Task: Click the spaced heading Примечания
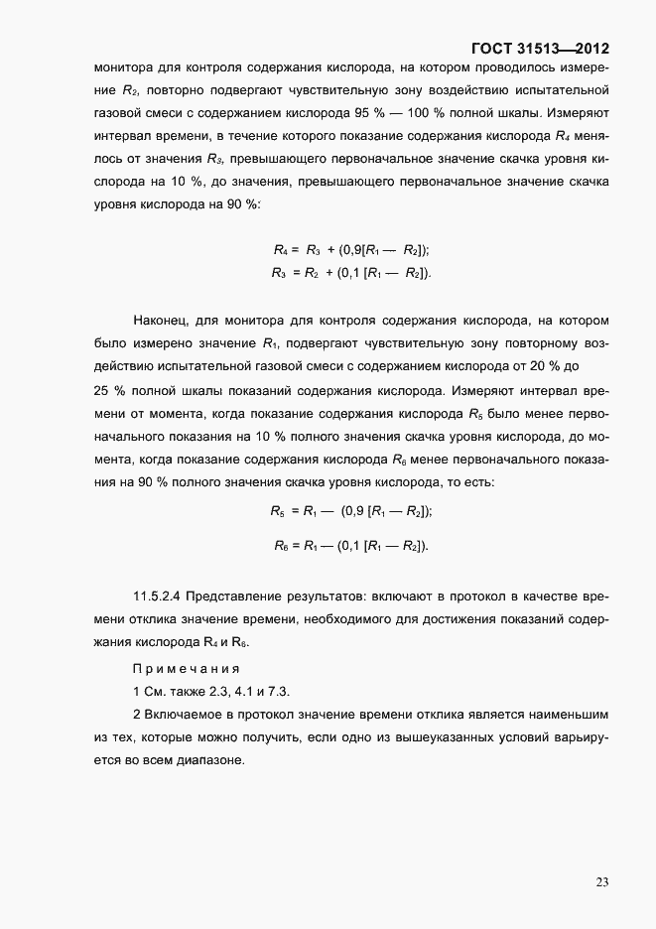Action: [186, 668]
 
